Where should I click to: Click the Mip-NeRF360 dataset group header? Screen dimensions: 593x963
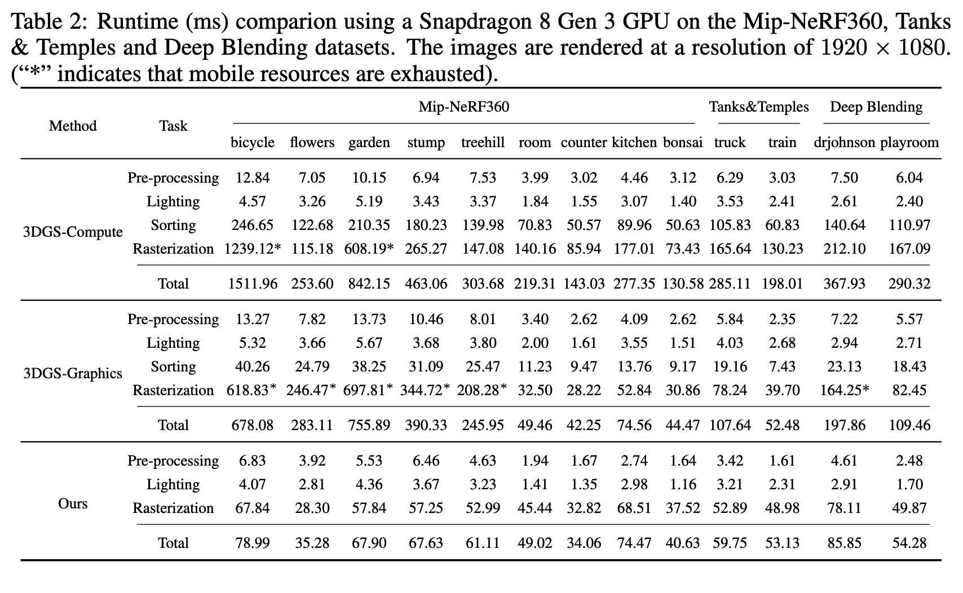pyautogui.click(x=463, y=107)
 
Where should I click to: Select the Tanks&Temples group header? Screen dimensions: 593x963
pyautogui.click(x=758, y=107)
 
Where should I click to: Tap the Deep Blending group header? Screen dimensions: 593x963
pyautogui.click(x=876, y=107)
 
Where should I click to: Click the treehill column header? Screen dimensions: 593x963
pyautogui.click(x=482, y=143)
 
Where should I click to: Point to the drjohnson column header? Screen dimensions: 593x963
pyautogui.click(x=844, y=143)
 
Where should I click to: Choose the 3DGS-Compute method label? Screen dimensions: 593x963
pyautogui.click(x=73, y=232)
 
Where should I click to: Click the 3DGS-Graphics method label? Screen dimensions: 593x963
pyautogui.click(x=73, y=374)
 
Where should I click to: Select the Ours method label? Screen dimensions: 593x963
pyautogui.click(x=73, y=503)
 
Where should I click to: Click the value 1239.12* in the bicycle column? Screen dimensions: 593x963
pyautogui.click(x=253, y=249)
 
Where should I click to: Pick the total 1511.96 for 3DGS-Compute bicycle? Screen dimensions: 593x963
pyautogui.click(x=253, y=284)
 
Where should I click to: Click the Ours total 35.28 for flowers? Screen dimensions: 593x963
pyautogui.click(x=312, y=543)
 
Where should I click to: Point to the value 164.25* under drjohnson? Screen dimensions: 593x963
pyautogui.click(x=844, y=390)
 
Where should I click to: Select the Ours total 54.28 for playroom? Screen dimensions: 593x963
pyautogui.click(x=909, y=543)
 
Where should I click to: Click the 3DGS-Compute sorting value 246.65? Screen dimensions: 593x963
pyautogui.click(x=253, y=225)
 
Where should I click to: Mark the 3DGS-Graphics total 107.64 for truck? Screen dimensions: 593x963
pyautogui.click(x=730, y=425)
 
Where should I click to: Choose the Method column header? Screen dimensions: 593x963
pyautogui.click(x=73, y=126)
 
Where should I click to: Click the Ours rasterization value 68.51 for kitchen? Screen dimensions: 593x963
pyautogui.click(x=634, y=508)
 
